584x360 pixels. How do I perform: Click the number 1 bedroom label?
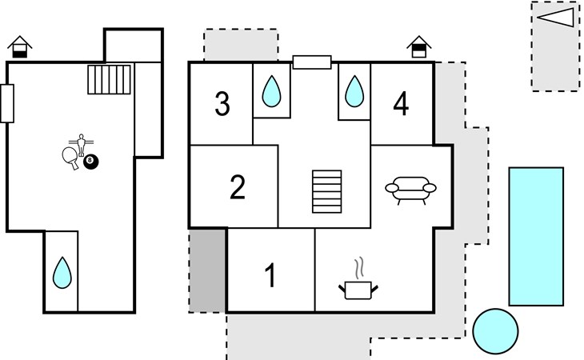point(270,275)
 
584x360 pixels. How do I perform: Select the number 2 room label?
point(238,187)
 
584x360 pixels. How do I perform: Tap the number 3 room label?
point(222,103)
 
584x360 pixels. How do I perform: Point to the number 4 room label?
point(401,103)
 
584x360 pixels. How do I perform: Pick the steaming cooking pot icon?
point(358,279)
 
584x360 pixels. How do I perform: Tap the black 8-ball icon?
point(91,162)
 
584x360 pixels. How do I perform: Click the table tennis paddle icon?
point(70,158)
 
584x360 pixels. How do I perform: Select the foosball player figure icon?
point(81,145)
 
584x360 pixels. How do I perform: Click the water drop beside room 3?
point(271,91)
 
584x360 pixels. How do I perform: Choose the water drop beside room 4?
point(354,91)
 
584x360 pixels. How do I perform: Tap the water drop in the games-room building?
point(62,273)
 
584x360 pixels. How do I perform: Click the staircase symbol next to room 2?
point(327,192)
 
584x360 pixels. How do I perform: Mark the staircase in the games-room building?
point(109,80)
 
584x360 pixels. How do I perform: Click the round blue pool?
point(495,331)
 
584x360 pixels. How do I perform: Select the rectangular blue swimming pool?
point(536,237)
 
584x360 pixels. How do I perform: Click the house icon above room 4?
point(419,47)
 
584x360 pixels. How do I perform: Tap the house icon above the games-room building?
point(20,47)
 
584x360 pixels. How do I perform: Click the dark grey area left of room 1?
point(207,270)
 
